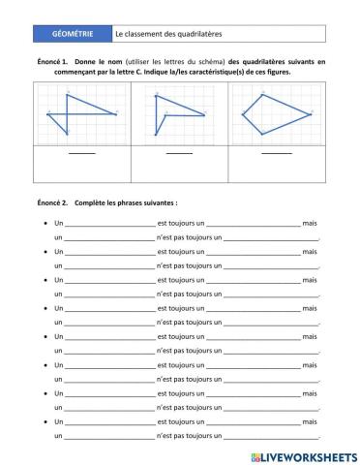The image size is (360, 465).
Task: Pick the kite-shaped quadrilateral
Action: [x=276, y=114]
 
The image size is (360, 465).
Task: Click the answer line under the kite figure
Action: [x=277, y=153]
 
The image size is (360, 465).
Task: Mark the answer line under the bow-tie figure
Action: [x=82, y=153]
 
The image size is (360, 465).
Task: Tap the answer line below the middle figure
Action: [x=179, y=153]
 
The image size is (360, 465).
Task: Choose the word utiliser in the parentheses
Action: [x=140, y=61]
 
